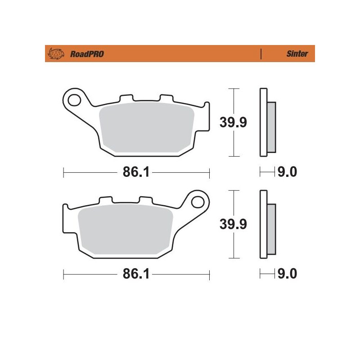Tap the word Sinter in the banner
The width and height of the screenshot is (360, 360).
pyautogui.click(x=297, y=54)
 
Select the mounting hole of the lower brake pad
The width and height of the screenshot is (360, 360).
pyautogui.click(x=198, y=201)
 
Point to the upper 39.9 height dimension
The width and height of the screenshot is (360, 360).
pyautogui.click(x=233, y=122)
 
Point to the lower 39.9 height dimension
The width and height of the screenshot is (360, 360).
pyautogui.click(x=233, y=224)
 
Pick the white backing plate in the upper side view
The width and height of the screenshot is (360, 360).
pyautogui.click(x=263, y=122)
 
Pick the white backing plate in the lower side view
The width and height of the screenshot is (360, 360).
pyautogui.click(x=263, y=224)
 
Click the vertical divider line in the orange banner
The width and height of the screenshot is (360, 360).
pyautogui.click(x=261, y=54)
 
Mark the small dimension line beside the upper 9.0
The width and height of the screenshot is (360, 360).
pyautogui.click(x=267, y=172)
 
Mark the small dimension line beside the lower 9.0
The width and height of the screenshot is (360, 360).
pyautogui.click(x=267, y=273)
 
